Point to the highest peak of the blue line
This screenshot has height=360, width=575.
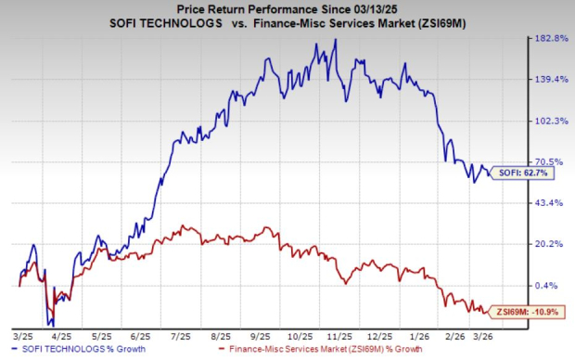pyautogui.click(x=335, y=39)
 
